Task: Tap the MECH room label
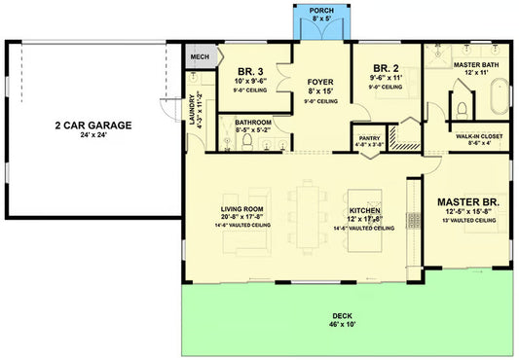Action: [201, 57]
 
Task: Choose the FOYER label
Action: [320, 81]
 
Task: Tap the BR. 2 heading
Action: [386, 68]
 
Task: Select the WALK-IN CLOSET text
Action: [479, 136]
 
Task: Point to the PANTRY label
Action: [369, 138]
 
